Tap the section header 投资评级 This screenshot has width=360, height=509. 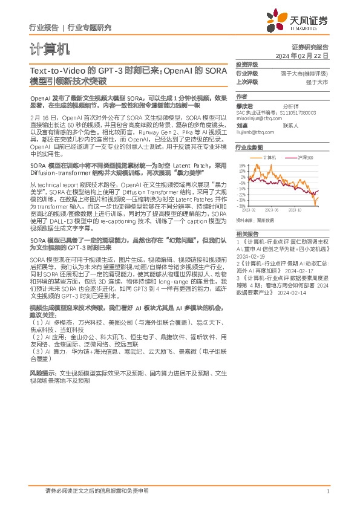tap(246, 64)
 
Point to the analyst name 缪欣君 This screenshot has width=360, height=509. tap(244, 105)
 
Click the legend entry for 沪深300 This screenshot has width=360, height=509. tap(306, 157)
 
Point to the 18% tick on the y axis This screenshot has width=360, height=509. tap(242, 164)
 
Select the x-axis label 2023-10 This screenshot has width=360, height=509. tap(295, 209)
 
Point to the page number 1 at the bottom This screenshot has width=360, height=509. tap(327, 491)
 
